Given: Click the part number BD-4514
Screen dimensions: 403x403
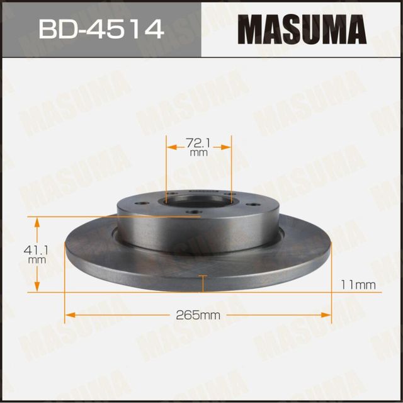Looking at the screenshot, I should click(100, 29).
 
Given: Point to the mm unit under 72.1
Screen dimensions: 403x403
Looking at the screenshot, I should click(199, 152).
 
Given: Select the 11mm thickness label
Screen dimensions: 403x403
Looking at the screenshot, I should click(358, 285).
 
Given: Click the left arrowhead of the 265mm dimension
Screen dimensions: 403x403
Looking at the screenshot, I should click(70, 314).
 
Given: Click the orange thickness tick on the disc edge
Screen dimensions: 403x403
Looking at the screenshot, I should click(201, 278).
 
